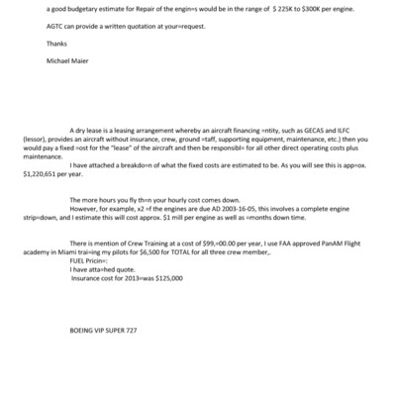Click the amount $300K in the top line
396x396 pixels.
pos(289,9)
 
